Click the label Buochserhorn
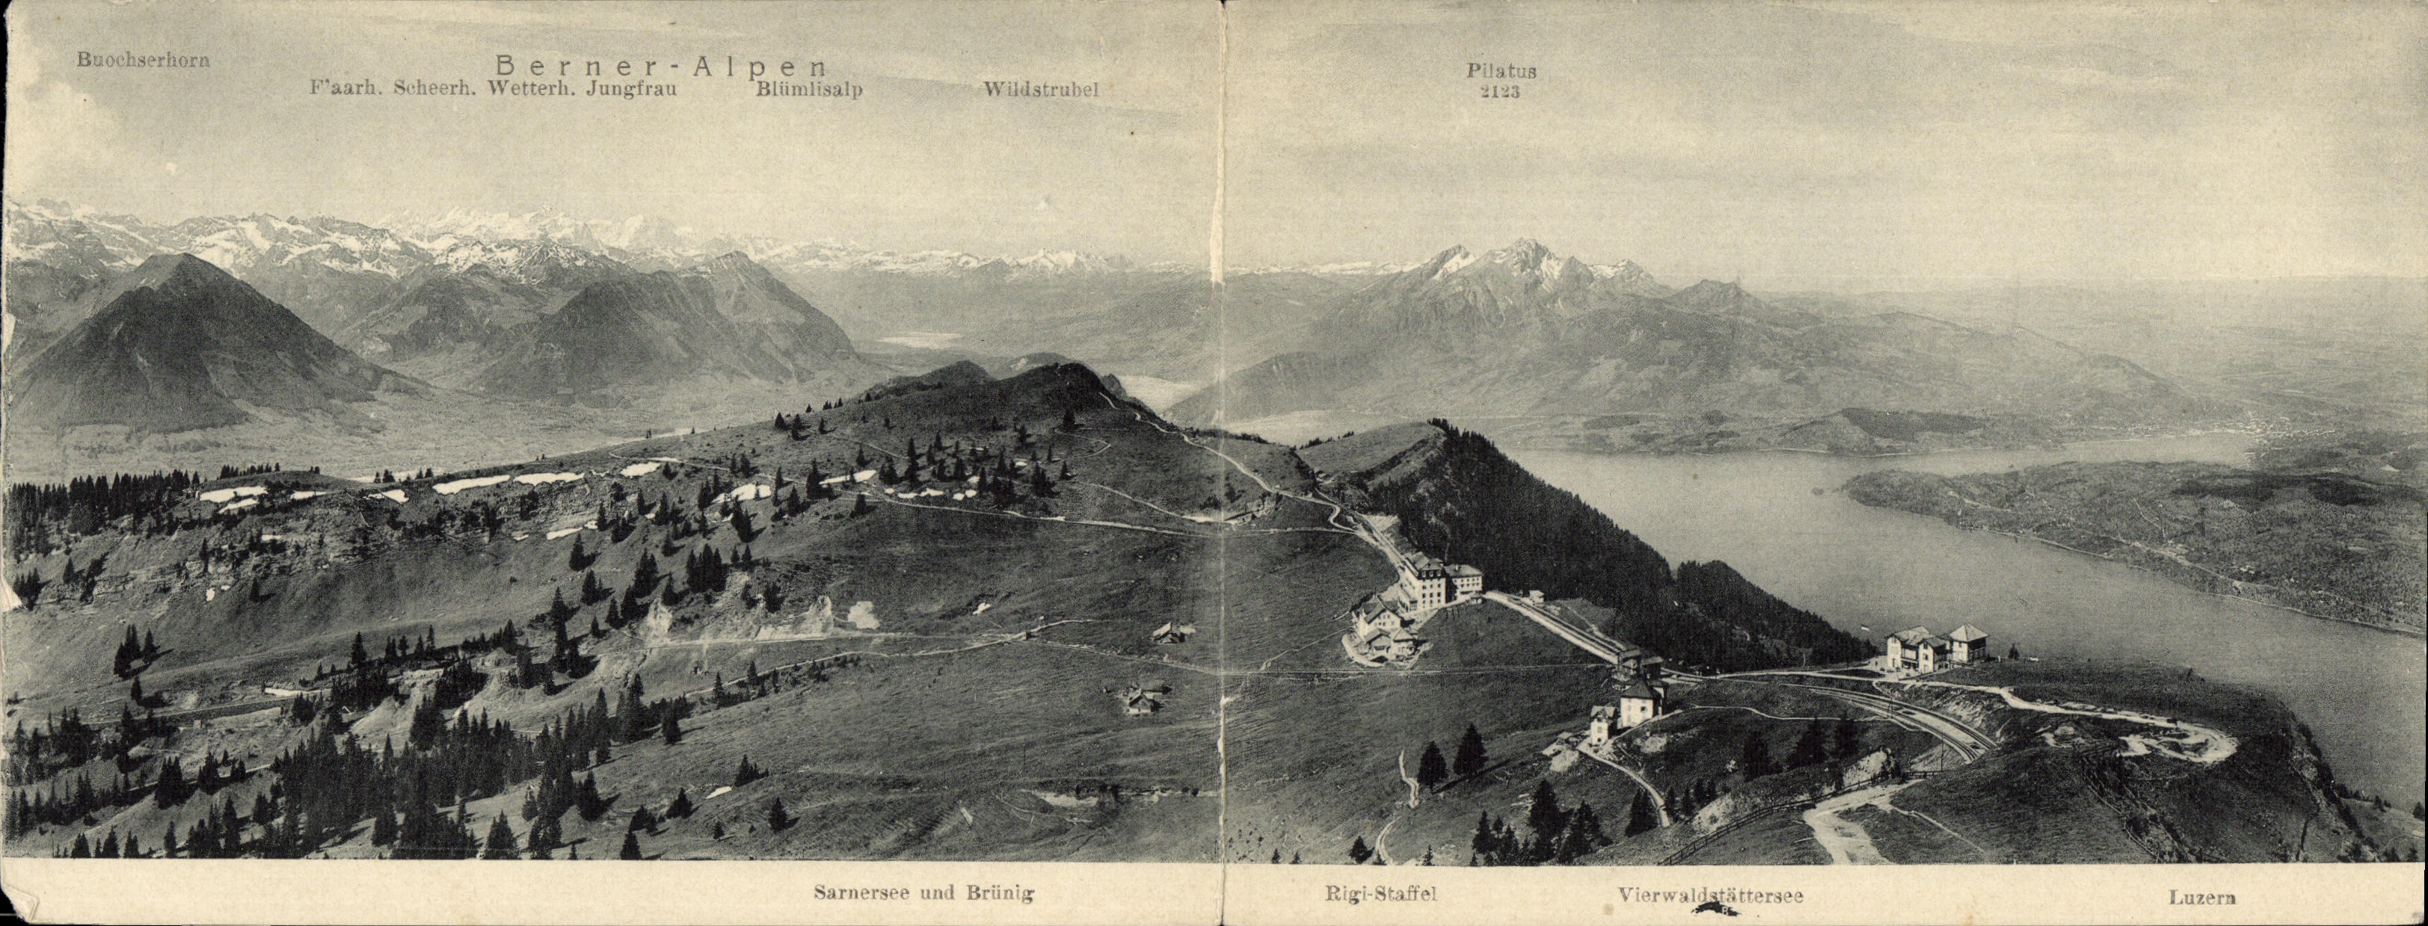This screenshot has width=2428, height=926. pyautogui.click(x=144, y=61)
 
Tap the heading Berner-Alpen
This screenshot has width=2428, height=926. pyautogui.click(x=661, y=66)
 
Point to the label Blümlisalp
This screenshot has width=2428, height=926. pyautogui.click(x=808, y=90)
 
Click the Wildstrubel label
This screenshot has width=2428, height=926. pyautogui.click(x=1041, y=90)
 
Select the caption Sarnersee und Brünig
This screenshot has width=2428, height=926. pyautogui.click(x=923, y=893)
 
